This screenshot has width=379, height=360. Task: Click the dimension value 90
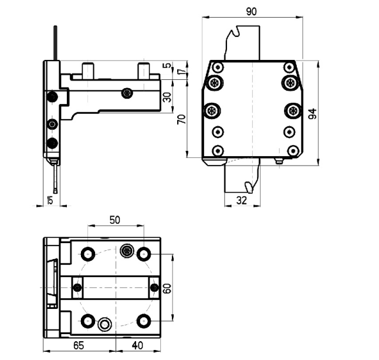pyautogui.click(x=251, y=11)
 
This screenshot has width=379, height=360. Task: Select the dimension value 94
pyautogui.click(x=312, y=114)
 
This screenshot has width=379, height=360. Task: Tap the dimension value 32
pyautogui.click(x=242, y=201)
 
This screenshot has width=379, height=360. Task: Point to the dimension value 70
pyautogui.click(x=181, y=119)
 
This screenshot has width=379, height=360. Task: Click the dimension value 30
pyautogui.click(x=167, y=97)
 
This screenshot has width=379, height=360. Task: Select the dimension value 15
pyautogui.click(x=50, y=200)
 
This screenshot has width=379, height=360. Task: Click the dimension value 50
pyautogui.click(x=115, y=220)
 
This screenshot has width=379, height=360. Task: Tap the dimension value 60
pyautogui.click(x=167, y=288)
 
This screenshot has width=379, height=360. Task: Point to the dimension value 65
pyautogui.click(x=79, y=345)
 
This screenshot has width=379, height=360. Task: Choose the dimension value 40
pyautogui.click(x=137, y=345)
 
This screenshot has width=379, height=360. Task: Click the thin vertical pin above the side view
pyautogui.click(x=55, y=43)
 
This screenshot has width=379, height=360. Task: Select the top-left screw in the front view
pyautogui.click(x=218, y=67)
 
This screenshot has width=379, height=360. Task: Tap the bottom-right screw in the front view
pyautogui.click(x=293, y=151)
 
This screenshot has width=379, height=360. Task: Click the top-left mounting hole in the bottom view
pyautogui.click(x=88, y=254)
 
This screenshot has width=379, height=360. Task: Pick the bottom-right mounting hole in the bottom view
pyautogui.click(x=144, y=321)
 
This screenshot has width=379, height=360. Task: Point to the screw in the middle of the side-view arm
pyautogui.click(x=127, y=93)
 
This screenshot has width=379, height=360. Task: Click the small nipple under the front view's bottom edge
pyautogui.click(x=279, y=161)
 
